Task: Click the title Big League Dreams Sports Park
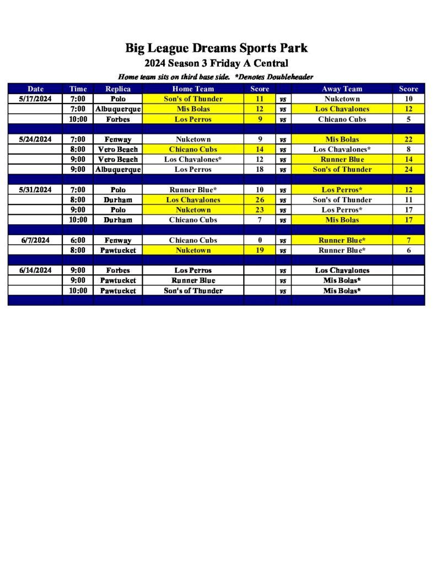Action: [216, 48]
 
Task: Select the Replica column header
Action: [118, 89]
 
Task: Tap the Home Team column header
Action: [193, 89]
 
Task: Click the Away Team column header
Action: [342, 89]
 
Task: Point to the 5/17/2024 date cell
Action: [35, 99]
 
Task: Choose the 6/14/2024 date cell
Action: [35, 270]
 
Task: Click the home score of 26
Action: [260, 200]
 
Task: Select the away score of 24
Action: [408, 170]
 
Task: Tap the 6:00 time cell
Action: [78, 240]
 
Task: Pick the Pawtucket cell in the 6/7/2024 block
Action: [118, 250]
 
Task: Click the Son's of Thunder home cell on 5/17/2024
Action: [193, 99]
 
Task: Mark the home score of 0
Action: [260, 240]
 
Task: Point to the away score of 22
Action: [408, 139]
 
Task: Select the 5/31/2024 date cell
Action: [35, 190]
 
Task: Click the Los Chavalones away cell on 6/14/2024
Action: [342, 270]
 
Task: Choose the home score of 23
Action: [260, 210]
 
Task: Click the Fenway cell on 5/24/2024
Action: [118, 139]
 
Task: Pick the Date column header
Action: [35, 89]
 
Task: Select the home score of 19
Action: [260, 250]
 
